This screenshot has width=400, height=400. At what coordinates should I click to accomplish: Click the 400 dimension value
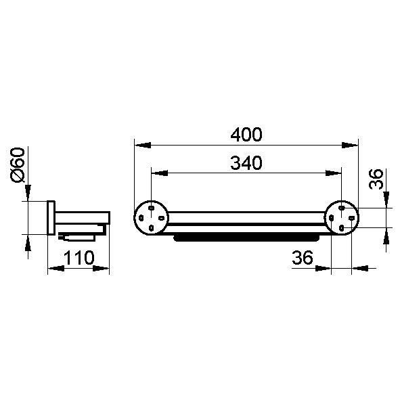click(246, 135)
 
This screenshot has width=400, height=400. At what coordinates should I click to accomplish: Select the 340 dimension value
click(246, 162)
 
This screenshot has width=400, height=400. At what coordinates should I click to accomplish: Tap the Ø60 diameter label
click(18, 165)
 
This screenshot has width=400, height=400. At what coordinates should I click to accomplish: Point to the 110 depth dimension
click(79, 258)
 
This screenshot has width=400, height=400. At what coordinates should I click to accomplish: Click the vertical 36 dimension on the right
click(376, 179)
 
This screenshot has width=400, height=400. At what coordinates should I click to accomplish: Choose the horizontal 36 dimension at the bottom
click(303, 257)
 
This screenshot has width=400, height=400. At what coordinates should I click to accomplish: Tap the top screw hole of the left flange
click(152, 208)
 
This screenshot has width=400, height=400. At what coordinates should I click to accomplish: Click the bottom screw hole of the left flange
click(152, 227)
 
